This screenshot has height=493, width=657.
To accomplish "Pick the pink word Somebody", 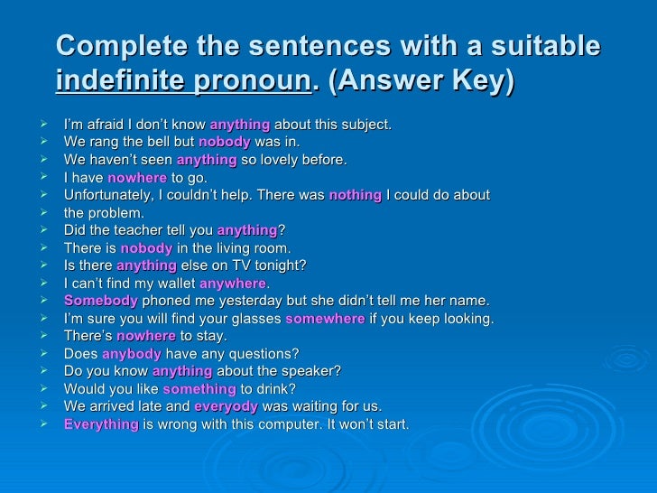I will click(101, 300).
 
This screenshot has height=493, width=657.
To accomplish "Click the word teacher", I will click(143, 230).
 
